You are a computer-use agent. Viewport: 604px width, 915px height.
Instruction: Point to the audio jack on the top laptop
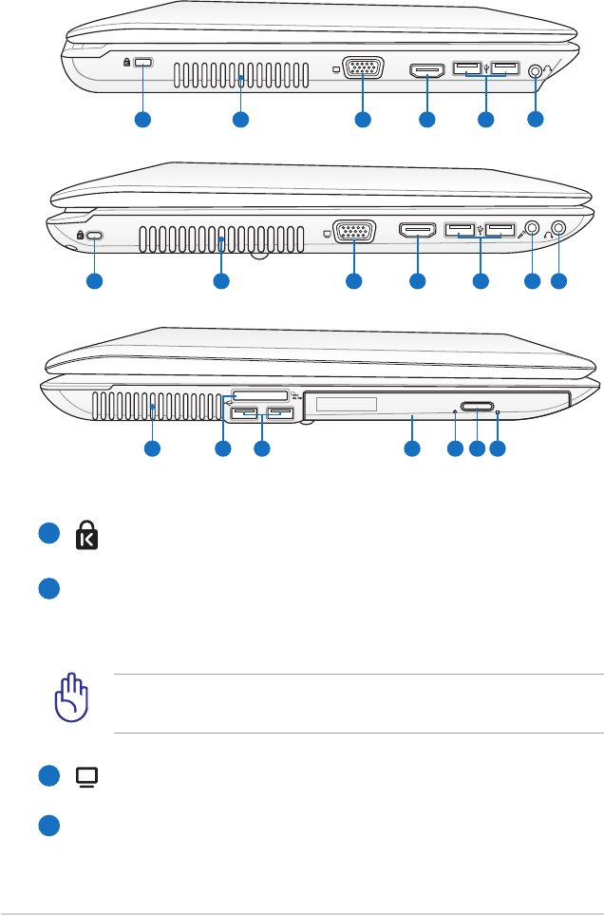537,70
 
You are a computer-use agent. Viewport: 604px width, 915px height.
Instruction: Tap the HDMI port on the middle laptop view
417,230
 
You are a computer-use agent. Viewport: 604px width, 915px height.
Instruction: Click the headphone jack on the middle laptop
558,229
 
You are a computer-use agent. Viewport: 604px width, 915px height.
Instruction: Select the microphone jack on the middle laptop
532,229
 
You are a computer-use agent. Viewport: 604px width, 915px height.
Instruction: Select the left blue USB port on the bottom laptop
244,413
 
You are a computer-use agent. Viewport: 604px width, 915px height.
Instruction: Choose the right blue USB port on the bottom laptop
280,413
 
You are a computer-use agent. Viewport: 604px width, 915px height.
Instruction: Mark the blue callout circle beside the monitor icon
48,776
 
